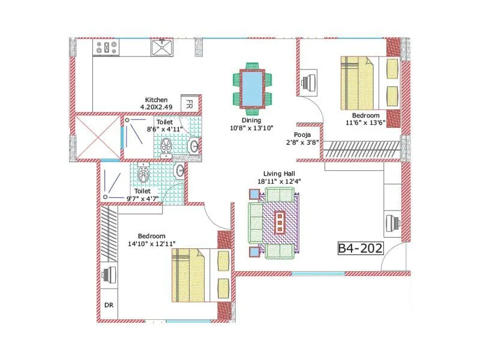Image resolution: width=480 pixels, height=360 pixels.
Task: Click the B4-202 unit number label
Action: pos(360,249)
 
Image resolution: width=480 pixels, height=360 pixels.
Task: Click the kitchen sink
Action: pos(162,48)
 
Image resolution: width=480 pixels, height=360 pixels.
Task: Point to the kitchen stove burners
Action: pos(106,48)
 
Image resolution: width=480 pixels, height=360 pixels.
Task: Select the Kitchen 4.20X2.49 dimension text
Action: pos(156,103)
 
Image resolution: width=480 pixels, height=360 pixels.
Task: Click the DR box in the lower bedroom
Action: pos(109,305)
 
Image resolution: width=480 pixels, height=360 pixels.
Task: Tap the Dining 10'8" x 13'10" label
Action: pos(252,124)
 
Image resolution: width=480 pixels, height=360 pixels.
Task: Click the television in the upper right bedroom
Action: pos(310,83)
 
